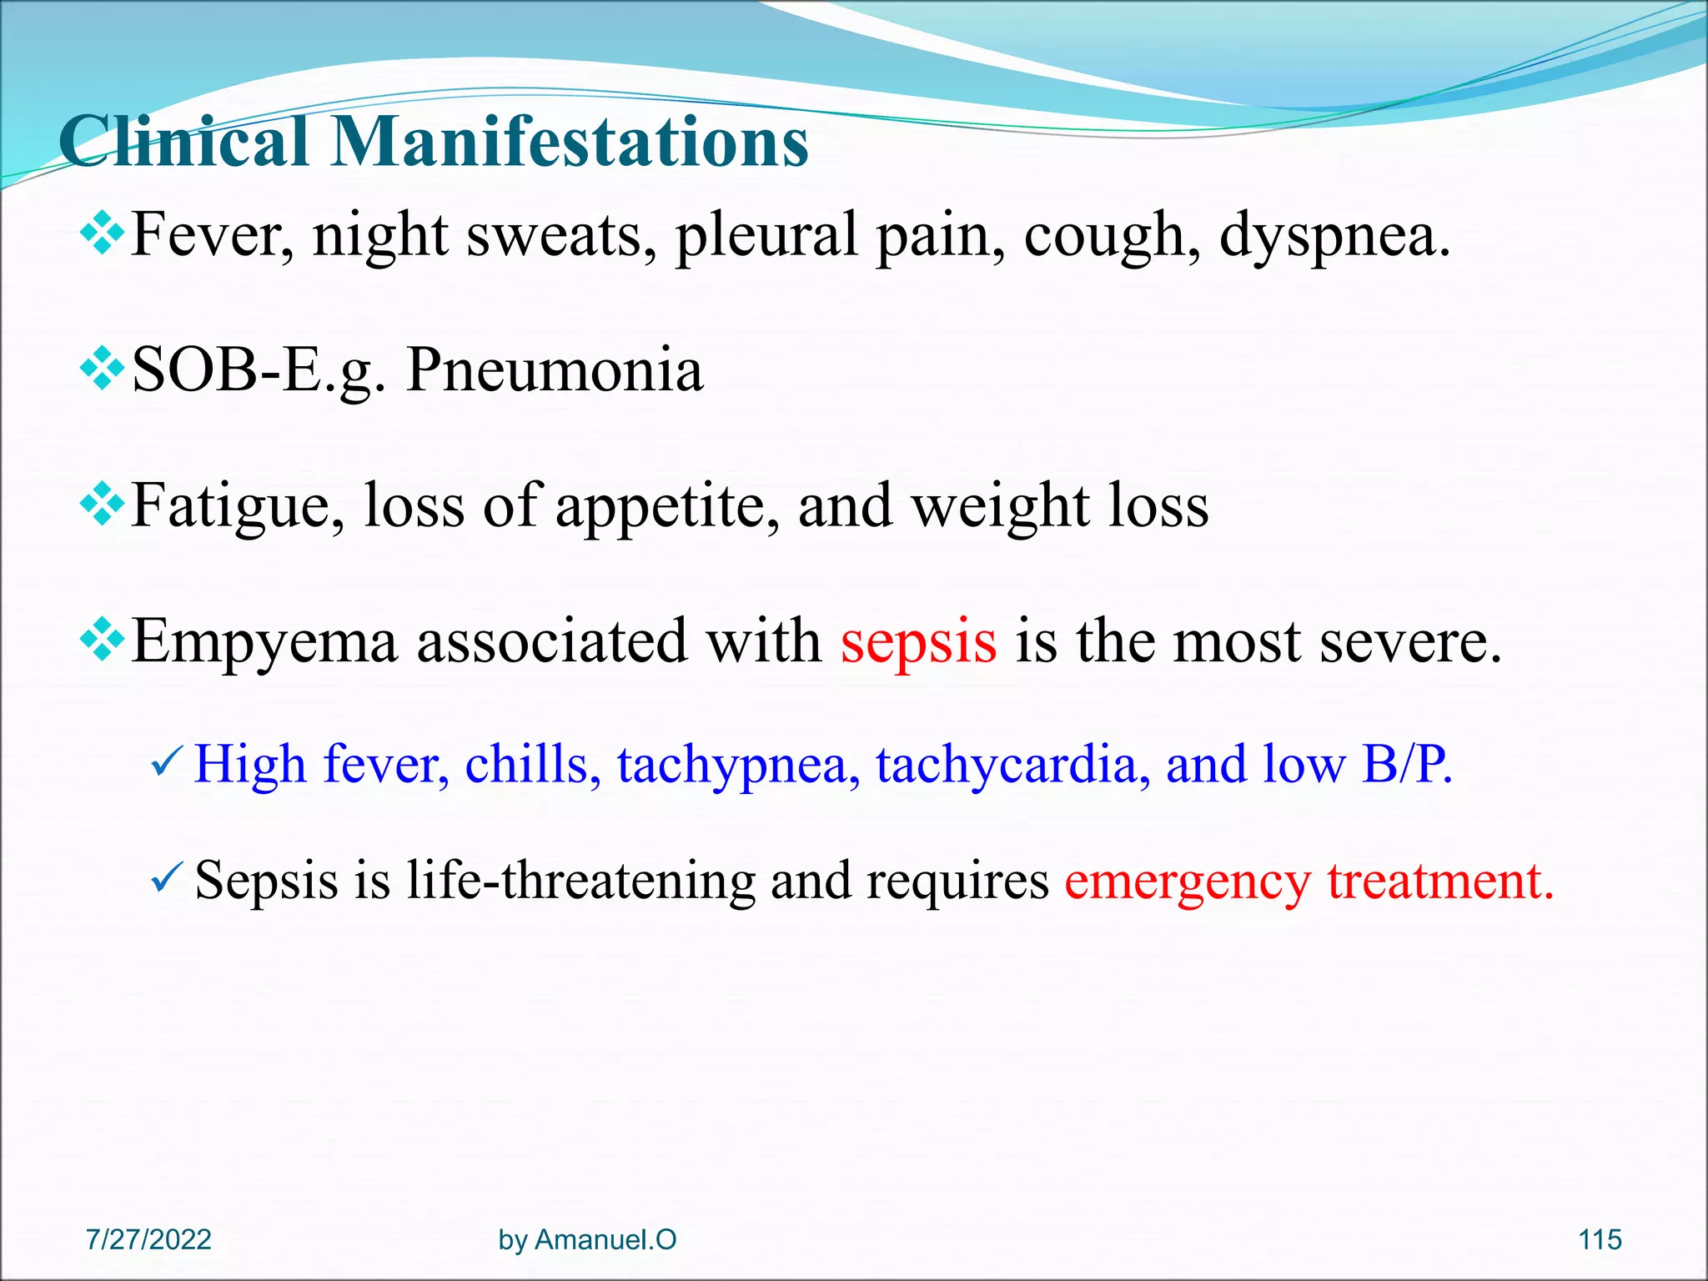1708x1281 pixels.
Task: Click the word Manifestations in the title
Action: (x=570, y=142)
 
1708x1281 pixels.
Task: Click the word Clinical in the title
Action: (x=183, y=142)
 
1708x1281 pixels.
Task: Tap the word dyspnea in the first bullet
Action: (x=1334, y=237)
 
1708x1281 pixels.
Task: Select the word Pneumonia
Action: (x=555, y=370)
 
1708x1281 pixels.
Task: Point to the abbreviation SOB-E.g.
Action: (x=259, y=372)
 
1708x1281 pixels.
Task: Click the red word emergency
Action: (x=1188, y=882)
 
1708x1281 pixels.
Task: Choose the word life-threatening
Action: (x=580, y=881)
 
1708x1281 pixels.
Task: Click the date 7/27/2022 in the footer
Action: (x=148, y=1239)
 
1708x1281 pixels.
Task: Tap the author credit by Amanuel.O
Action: (x=587, y=1239)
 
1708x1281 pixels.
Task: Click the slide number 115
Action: (x=1600, y=1239)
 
